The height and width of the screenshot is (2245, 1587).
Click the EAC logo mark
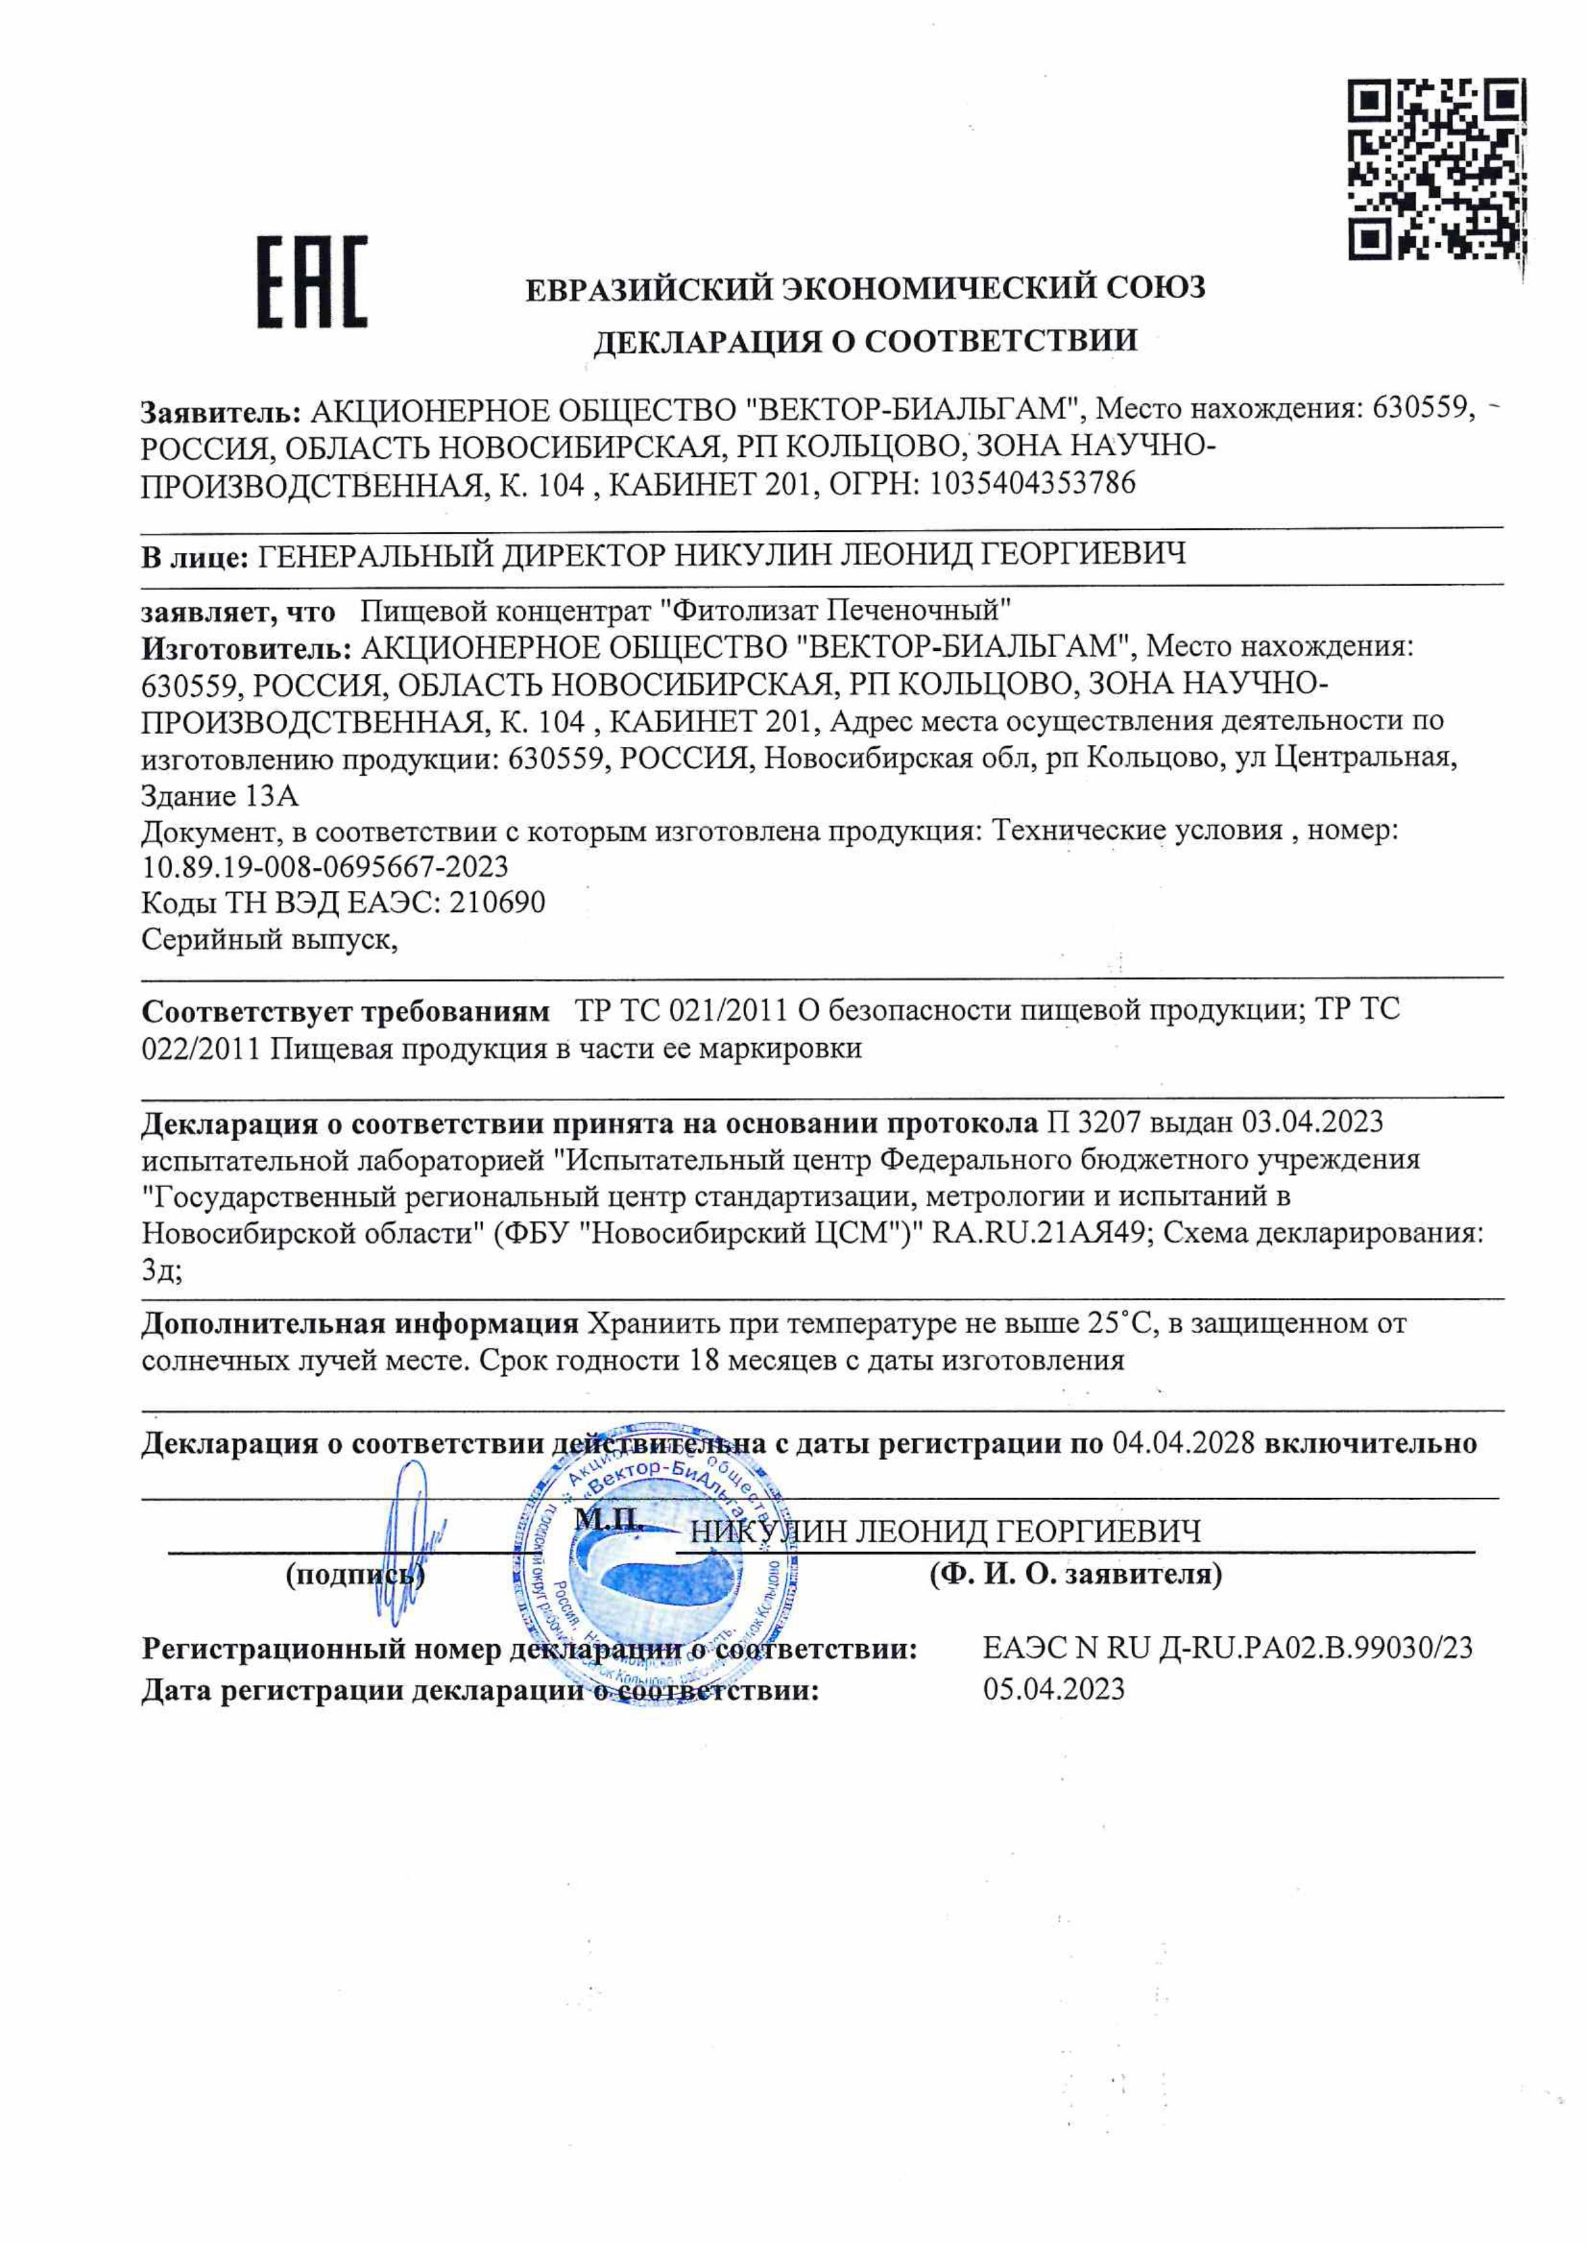312,282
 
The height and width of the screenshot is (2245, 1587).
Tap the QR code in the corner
1437,170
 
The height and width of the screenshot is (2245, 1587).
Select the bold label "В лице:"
194,557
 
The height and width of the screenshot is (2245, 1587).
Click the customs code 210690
497,902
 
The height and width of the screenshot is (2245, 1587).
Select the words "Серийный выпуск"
268,939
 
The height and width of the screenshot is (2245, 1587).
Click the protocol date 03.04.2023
1312,1121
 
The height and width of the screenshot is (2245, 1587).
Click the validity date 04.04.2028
1183,1443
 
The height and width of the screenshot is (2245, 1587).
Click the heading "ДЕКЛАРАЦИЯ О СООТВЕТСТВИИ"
865,340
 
